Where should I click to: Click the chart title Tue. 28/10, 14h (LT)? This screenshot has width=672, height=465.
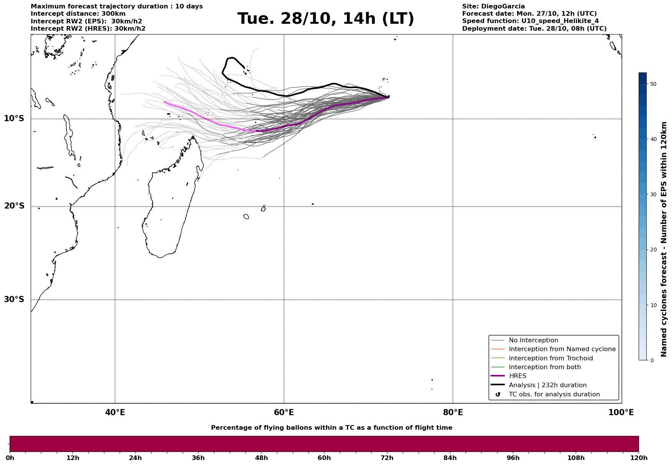(x=326, y=19)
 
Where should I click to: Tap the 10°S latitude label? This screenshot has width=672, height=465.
(x=14, y=118)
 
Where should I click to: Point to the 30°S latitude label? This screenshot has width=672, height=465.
(x=14, y=299)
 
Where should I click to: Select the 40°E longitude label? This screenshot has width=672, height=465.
(x=115, y=412)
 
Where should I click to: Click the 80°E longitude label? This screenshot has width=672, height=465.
(x=453, y=412)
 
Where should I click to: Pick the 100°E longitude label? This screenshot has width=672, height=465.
(x=621, y=412)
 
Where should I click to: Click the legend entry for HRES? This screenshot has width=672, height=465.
(x=517, y=376)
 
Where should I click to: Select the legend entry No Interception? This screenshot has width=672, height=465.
(x=533, y=340)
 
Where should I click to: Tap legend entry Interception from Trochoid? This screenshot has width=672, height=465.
(x=550, y=358)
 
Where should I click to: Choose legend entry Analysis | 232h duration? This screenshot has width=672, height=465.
(x=547, y=385)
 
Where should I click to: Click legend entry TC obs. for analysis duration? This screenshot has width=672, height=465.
(x=554, y=394)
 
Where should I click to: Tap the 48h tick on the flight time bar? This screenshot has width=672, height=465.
(x=261, y=458)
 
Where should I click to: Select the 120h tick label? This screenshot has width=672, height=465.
(x=638, y=458)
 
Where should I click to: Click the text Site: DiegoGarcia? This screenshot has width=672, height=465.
(x=493, y=7)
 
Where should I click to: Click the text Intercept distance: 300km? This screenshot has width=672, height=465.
(x=78, y=14)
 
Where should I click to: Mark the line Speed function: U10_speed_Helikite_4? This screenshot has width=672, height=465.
(x=530, y=21)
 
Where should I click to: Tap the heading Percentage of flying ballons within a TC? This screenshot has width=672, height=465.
(x=331, y=428)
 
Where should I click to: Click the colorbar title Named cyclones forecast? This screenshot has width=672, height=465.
(x=664, y=239)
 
